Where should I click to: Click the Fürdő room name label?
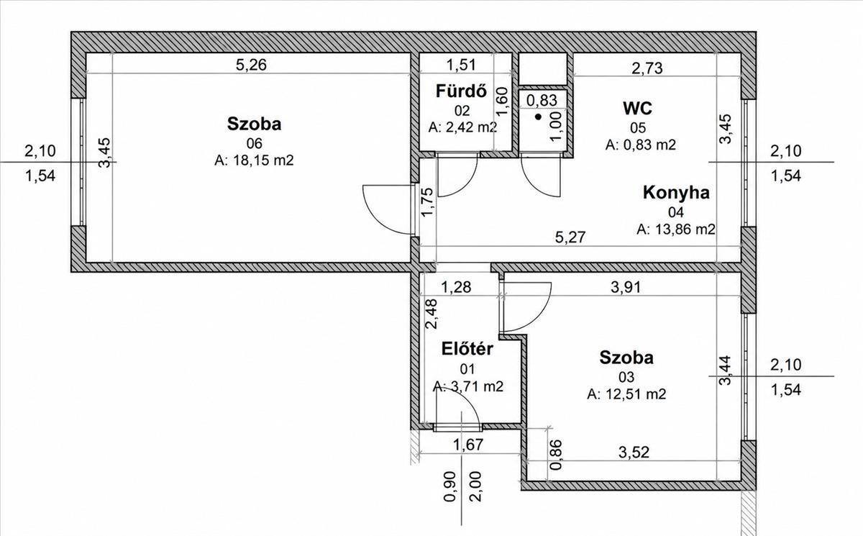click(x=461, y=91)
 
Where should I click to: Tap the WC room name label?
click(x=638, y=108)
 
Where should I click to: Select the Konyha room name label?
click(x=676, y=193)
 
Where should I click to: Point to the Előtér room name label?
click(x=467, y=349)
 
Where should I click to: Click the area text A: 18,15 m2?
click(x=254, y=160)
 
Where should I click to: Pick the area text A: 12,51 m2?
click(x=626, y=394)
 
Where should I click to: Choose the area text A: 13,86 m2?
click(x=676, y=230)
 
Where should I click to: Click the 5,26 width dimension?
click(x=251, y=65)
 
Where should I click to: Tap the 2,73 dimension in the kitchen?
click(x=647, y=68)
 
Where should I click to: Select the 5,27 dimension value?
click(x=570, y=237)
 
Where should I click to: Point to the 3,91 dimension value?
click(x=626, y=287)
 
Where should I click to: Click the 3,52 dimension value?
click(x=634, y=452)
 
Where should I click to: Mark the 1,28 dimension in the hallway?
click(x=456, y=287)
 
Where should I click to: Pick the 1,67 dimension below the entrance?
click(x=468, y=445)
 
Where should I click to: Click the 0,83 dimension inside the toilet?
click(x=542, y=100)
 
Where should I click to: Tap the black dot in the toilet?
click(x=538, y=117)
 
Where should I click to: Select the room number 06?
click(x=255, y=144)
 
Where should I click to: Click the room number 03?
click(x=626, y=377)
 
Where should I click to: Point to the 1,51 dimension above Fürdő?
click(x=461, y=65)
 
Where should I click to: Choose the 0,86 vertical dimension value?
click(x=556, y=455)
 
